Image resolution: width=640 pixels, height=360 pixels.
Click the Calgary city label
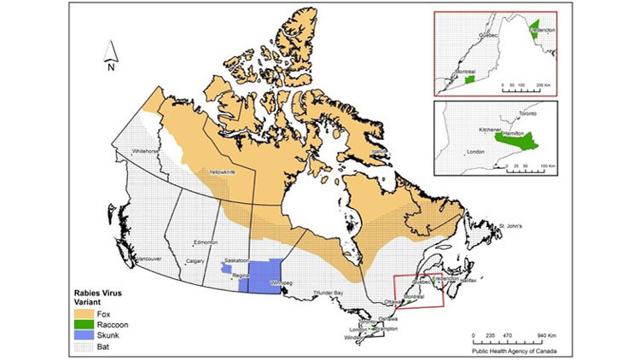tap(197, 261)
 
